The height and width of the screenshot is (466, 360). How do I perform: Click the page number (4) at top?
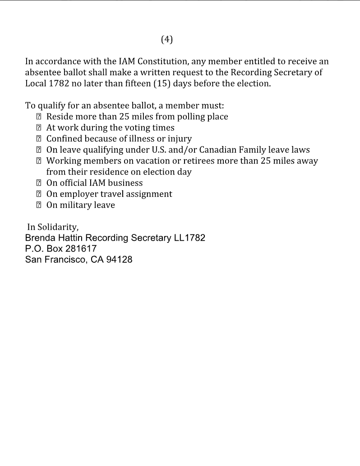(x=166, y=40)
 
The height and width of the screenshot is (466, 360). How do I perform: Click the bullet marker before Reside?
(x=39, y=117)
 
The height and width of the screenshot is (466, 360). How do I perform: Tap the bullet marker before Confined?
(x=39, y=139)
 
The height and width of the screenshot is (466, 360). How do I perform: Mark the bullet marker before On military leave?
(x=39, y=205)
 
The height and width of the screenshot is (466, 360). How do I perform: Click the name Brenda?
(x=40, y=238)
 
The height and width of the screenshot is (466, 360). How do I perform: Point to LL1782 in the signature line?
(x=189, y=238)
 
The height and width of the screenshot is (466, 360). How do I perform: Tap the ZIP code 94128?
(x=119, y=260)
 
